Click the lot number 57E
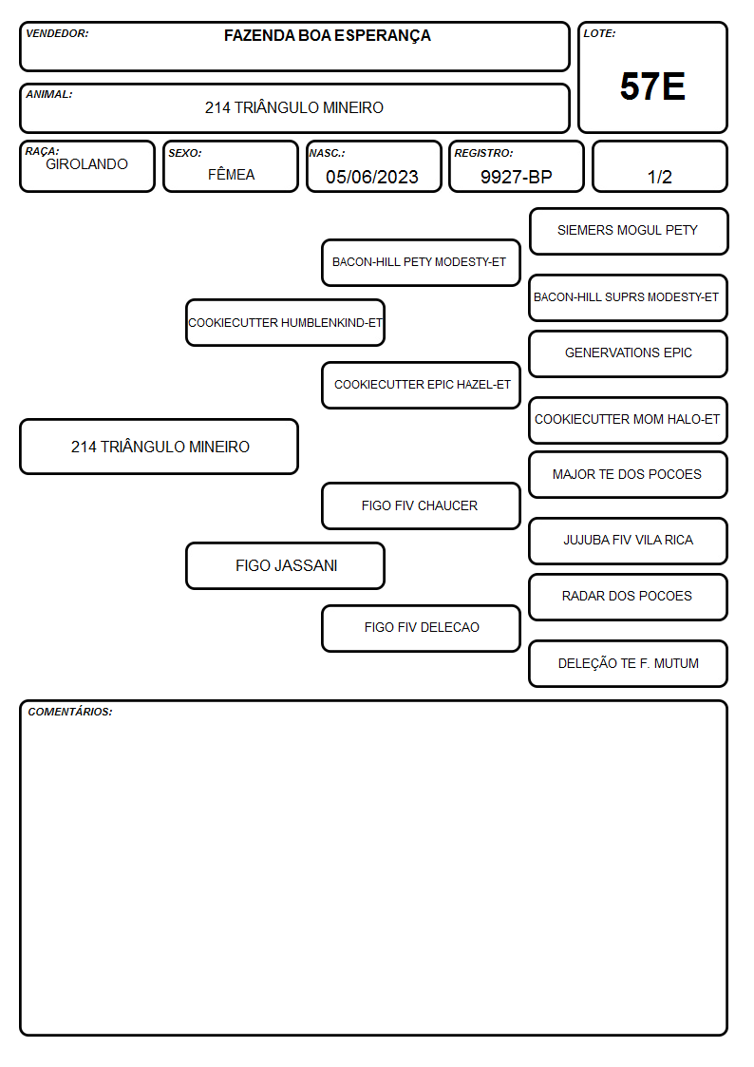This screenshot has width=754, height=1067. [652, 86]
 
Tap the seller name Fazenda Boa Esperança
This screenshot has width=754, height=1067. [327, 35]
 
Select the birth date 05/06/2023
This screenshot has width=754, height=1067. [372, 177]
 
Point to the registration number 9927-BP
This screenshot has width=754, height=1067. [516, 177]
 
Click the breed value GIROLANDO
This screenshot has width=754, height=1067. [86, 164]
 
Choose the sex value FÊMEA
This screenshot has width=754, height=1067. [231, 174]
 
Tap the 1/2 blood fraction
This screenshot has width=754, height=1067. [659, 177]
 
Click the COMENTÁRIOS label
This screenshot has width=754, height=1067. [70, 712]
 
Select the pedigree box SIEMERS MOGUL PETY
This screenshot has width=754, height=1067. [629, 232]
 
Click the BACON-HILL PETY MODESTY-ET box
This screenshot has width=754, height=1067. [421, 262]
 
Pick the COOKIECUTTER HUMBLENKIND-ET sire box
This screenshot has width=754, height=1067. [285, 322]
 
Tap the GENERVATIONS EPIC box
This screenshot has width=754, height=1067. [629, 353]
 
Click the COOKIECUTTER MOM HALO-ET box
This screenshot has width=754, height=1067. [629, 420]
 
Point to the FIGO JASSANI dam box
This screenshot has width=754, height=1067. [285, 566]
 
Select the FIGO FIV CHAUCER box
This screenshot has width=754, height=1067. [421, 506]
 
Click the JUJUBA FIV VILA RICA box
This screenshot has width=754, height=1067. [629, 541]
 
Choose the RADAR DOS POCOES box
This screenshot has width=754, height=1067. [629, 597]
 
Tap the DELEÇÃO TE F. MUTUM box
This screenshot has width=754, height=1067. [629, 663]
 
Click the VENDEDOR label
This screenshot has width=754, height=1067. [57, 33]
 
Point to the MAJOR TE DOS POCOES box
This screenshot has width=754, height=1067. [629, 475]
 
